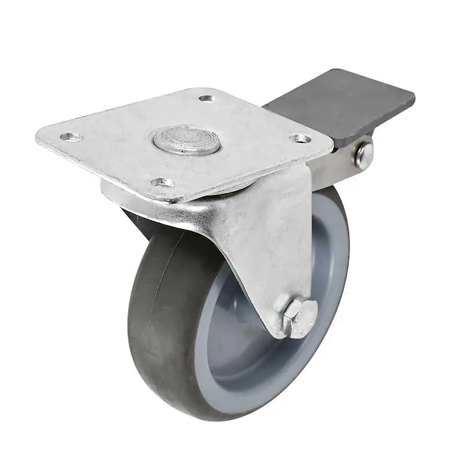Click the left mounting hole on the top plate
(71, 137)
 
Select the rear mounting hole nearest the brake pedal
(206, 98)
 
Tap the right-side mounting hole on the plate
(300, 138)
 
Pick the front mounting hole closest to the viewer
(163, 183)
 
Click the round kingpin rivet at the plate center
(186, 141)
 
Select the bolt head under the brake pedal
(364, 154)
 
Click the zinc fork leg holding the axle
(272, 243)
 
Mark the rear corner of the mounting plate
(208, 90)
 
